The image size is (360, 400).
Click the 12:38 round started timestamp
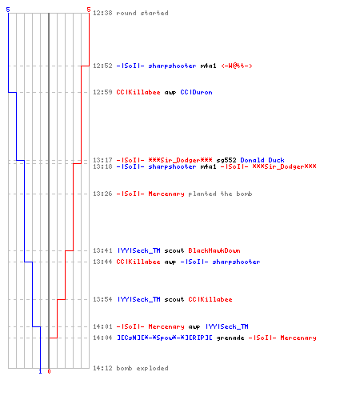[x=102, y=13]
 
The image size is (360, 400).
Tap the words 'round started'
[x=142, y=13]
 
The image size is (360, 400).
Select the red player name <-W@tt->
[x=237, y=66]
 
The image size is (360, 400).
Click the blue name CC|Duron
[x=196, y=92]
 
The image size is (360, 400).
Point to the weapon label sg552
[x=226, y=160]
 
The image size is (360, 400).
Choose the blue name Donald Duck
[x=262, y=160]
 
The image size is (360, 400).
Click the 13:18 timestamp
[x=102, y=166]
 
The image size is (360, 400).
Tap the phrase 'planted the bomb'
[x=220, y=194]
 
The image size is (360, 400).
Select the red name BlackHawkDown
[x=214, y=250]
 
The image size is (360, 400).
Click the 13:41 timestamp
[x=102, y=250]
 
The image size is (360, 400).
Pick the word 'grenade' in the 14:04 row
[x=230, y=338]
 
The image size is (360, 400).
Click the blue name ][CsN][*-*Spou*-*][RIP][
[x=165, y=338]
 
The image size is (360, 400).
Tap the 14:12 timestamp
[x=102, y=368]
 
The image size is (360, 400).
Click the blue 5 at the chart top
[x=8, y=10]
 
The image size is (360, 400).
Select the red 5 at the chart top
[x=89, y=10]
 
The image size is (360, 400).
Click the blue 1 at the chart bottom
[x=40, y=371]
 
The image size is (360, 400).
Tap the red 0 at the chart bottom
[x=49, y=371]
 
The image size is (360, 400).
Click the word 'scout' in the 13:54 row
[x=174, y=299]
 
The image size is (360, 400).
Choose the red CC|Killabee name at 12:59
[x=138, y=92]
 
